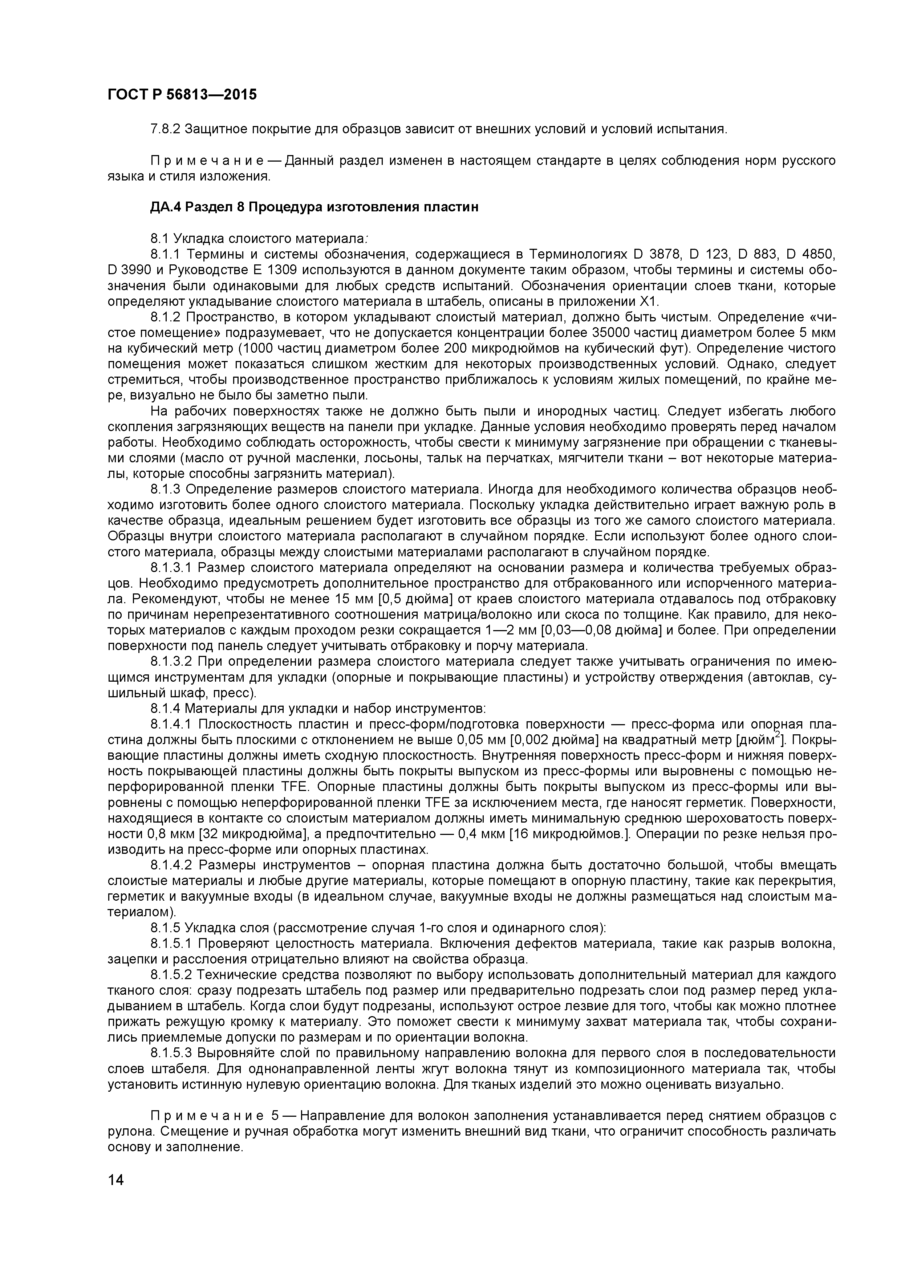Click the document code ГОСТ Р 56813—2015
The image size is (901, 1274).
point(182,95)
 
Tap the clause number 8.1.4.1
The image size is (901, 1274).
point(172,725)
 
